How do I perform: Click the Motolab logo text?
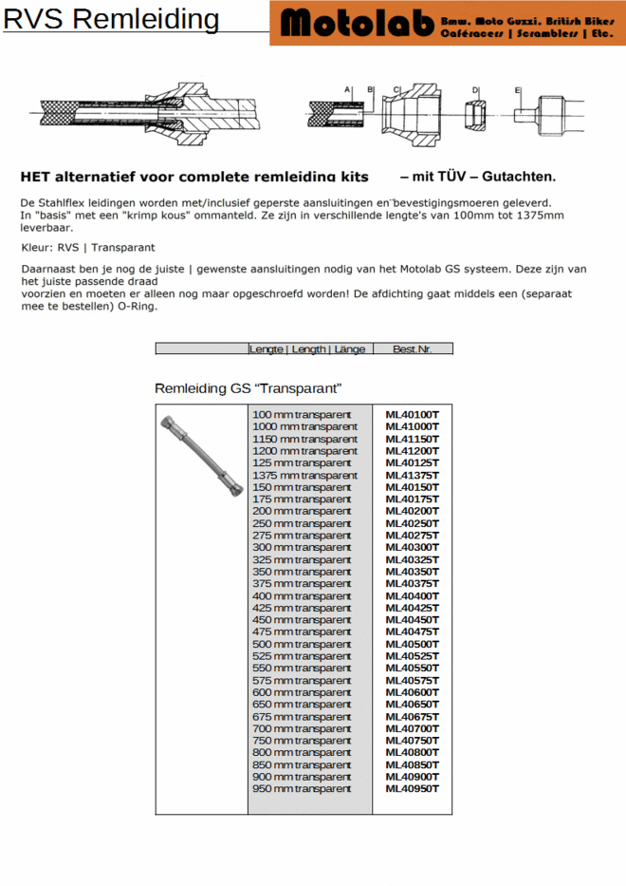(x=356, y=23)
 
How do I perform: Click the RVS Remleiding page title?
(x=111, y=19)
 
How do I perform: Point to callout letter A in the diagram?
(x=348, y=88)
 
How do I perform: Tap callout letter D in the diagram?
(x=476, y=90)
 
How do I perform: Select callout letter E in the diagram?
(x=518, y=90)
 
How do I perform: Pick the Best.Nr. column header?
(x=412, y=349)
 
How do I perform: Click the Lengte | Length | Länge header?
(x=307, y=349)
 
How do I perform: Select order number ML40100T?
(x=412, y=415)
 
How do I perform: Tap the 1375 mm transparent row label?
(x=304, y=475)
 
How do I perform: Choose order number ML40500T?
(x=412, y=644)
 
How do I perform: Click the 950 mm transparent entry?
(x=301, y=788)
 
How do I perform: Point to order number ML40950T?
(x=412, y=788)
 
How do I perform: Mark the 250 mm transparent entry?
(x=301, y=523)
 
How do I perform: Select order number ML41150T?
(x=412, y=439)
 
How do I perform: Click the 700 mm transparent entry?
(x=301, y=728)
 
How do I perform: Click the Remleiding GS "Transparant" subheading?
(x=248, y=388)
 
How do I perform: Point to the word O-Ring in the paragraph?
(x=138, y=307)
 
